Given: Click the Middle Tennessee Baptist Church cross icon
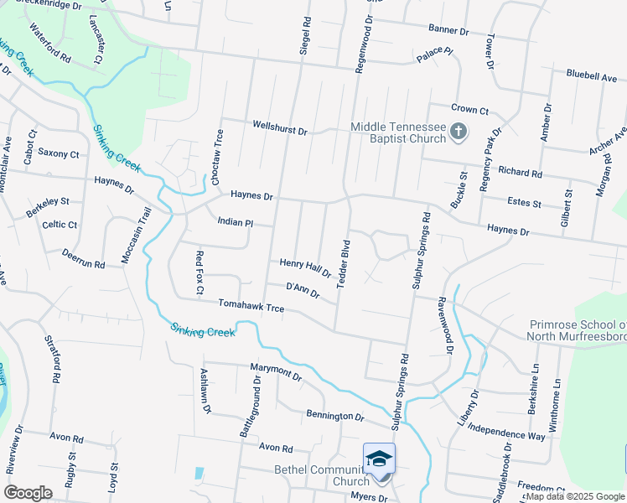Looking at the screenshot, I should (x=458, y=131).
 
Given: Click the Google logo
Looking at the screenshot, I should (x=28, y=493).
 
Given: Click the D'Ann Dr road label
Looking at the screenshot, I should (x=303, y=290).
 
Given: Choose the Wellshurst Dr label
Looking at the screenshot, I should (x=281, y=128).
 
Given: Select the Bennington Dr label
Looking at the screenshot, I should (x=335, y=416).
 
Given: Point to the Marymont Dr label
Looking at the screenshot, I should (x=275, y=370).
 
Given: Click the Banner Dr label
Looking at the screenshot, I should (x=448, y=30).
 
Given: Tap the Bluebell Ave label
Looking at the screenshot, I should (x=591, y=75).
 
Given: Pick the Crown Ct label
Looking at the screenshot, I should (x=469, y=109).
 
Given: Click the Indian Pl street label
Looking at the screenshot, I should (x=235, y=222).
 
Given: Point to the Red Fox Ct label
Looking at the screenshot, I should (x=199, y=273).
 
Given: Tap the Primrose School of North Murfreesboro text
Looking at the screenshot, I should (x=576, y=330).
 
